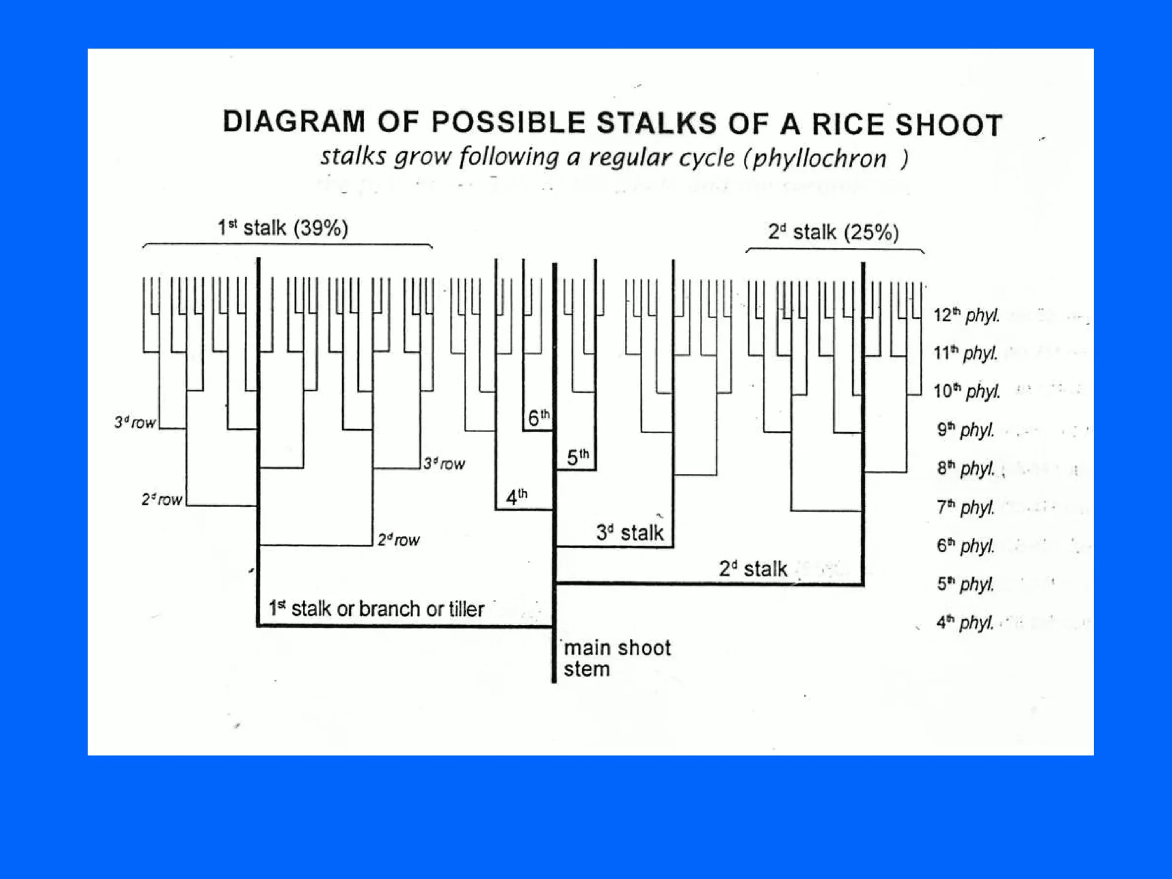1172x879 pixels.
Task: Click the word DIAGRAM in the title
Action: [294, 122]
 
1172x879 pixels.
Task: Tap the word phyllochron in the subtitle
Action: [819, 159]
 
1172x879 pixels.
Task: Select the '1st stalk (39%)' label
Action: [283, 228]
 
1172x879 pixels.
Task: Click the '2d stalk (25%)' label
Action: [833, 232]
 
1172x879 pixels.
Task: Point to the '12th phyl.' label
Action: [967, 315]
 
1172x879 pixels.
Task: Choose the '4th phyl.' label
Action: [965, 622]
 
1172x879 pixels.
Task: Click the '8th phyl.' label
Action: [965, 468]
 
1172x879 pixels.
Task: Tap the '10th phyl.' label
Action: [967, 391]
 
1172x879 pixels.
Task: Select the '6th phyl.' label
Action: [965, 545]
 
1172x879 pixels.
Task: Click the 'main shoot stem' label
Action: [616, 658]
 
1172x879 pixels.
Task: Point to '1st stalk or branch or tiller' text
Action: [377, 608]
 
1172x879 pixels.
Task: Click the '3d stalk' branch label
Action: [629, 533]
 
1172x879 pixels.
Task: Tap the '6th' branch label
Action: [538, 418]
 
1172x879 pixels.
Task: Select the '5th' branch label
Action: [577, 457]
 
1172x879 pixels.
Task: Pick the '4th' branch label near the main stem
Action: [517, 497]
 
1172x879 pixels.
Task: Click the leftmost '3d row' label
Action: [135, 423]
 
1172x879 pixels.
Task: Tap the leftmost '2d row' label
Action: [162, 500]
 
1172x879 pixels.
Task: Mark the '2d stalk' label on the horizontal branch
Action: [753, 569]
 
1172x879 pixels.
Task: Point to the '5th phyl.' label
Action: [965, 584]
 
